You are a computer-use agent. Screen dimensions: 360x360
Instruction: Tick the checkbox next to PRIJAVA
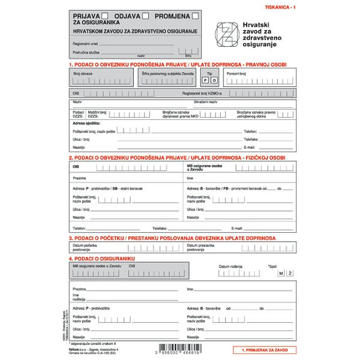[106, 16]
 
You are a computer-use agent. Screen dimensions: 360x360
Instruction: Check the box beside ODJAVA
[145, 16]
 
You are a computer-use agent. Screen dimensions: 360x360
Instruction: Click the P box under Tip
[205, 80]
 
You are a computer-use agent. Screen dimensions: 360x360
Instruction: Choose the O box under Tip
[214, 80]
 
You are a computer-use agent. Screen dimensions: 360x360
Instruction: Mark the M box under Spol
[280, 274]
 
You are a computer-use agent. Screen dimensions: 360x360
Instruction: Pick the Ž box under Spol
[290, 274]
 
